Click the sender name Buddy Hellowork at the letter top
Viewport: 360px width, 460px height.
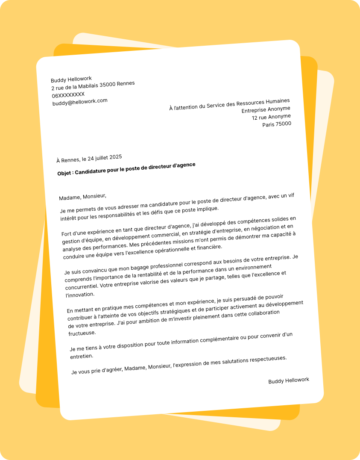click(x=71, y=80)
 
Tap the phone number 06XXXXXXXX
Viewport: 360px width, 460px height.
click(x=68, y=94)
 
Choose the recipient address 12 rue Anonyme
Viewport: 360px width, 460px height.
click(x=271, y=117)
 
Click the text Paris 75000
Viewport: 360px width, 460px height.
click(x=277, y=124)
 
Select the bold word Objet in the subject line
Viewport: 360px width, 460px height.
click(x=65, y=173)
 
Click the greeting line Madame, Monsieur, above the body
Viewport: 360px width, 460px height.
click(x=82, y=197)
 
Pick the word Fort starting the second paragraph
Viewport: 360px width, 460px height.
click(x=67, y=233)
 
